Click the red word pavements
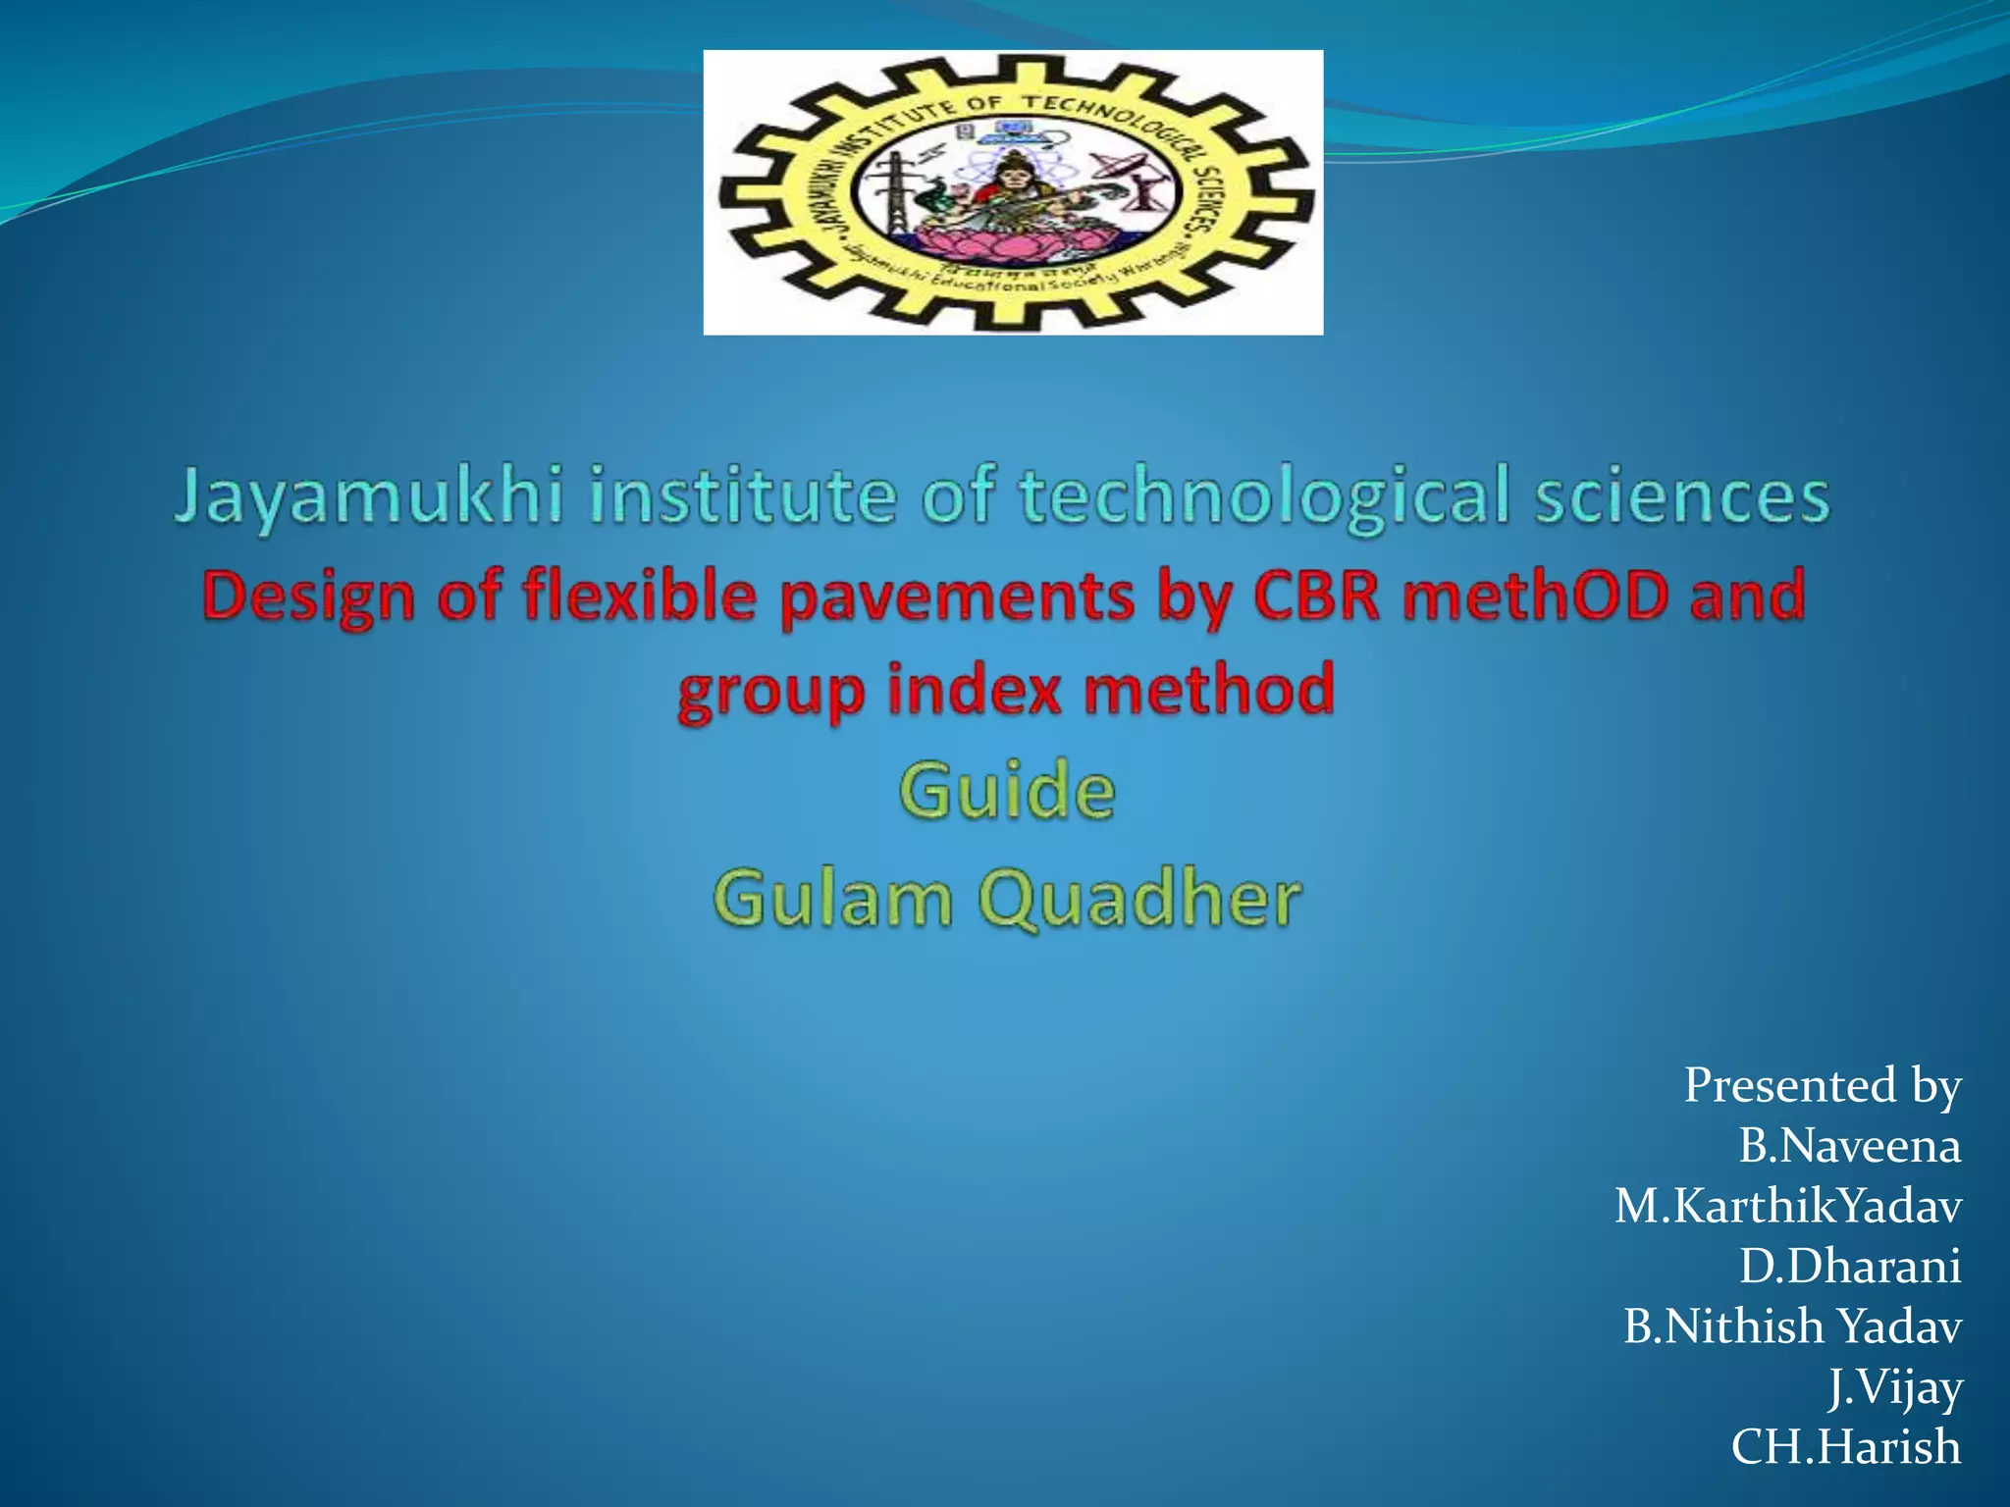click(957, 597)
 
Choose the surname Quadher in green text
click(1139, 898)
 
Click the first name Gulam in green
click(832, 898)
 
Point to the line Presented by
click(1822, 1085)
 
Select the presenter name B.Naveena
click(1849, 1146)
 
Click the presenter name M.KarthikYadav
click(1787, 1206)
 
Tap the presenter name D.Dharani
click(1849, 1266)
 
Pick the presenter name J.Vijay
click(1894, 1387)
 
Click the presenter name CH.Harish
click(1845, 1447)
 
